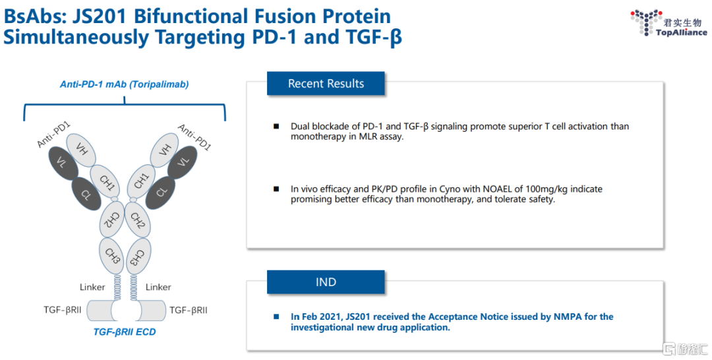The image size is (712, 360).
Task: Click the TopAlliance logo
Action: tap(668, 22)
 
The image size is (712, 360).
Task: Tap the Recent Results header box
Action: tap(326, 84)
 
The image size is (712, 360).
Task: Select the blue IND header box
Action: tap(326, 282)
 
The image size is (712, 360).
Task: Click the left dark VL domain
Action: tap(63, 162)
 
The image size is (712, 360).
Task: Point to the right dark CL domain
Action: tap(160, 193)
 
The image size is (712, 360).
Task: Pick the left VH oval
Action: tap(81, 150)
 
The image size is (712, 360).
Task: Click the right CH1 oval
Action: tap(142, 181)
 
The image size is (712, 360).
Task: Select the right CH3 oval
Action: tap(138, 256)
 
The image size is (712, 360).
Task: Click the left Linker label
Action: tap(92, 287)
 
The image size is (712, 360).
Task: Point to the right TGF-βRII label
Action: tap(189, 310)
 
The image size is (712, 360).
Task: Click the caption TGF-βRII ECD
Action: tap(125, 332)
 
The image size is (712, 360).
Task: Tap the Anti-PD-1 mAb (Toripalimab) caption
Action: tap(125, 84)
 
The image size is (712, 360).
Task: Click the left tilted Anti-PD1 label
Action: tap(54, 135)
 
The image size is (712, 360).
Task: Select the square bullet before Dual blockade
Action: tap(276, 126)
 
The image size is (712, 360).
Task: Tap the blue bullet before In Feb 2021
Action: tap(276, 316)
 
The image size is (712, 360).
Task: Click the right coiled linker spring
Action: tap(133, 287)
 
